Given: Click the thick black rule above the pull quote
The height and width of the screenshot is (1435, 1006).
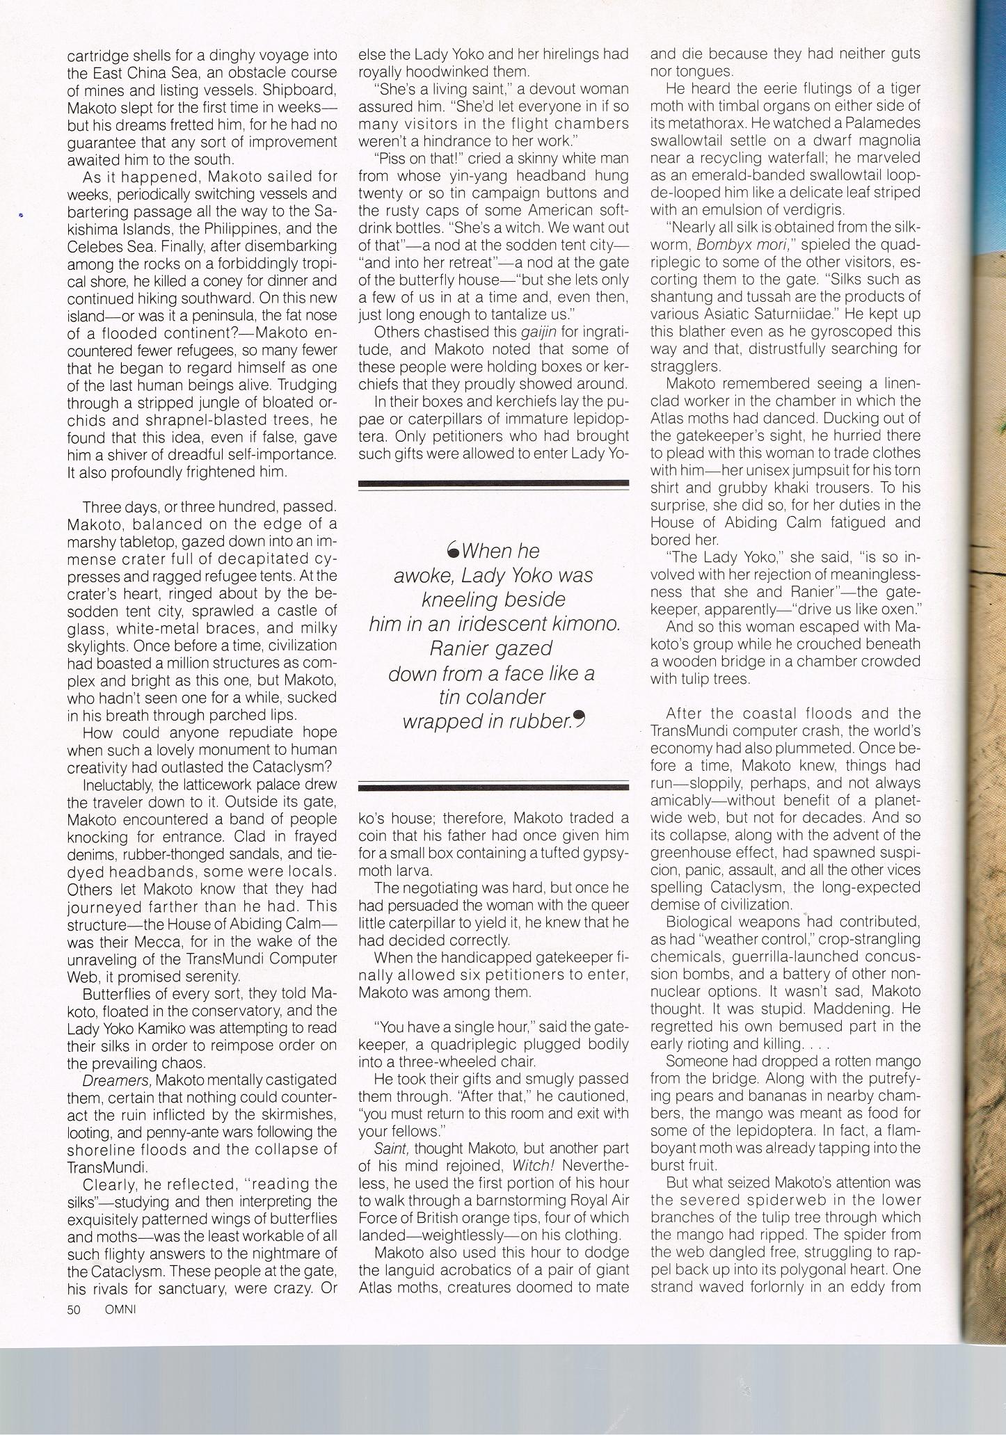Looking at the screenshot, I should coord(493,483).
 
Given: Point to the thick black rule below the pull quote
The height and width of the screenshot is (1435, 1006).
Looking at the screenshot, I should coord(493,787).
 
